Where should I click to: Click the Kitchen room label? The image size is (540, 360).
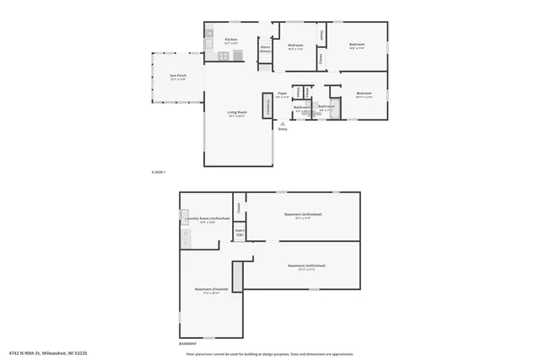click(230, 40)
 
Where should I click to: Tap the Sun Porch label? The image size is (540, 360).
click(177, 77)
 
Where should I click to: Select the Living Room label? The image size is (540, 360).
click(237, 113)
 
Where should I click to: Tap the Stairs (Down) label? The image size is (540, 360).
click(264, 50)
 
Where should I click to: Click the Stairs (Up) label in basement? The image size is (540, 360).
click(240, 232)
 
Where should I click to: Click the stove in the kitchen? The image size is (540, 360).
click(224, 56)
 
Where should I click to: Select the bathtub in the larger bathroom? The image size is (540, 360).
click(334, 107)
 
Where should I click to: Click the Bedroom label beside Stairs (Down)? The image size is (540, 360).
click(295, 46)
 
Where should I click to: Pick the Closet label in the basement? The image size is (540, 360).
click(239, 206)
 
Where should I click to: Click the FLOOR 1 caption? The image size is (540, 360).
click(159, 172)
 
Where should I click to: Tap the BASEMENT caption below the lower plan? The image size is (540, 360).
click(188, 344)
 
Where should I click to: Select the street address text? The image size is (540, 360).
click(49, 354)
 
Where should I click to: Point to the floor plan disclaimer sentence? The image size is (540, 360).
click(270, 354)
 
